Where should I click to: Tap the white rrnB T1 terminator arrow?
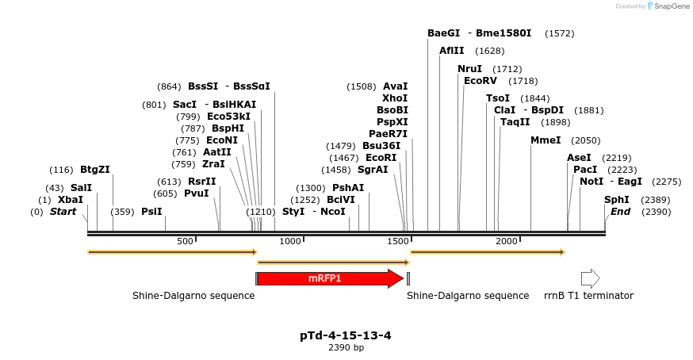point(590,278)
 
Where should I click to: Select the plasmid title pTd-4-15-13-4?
point(345,335)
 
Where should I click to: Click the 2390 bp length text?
point(346,348)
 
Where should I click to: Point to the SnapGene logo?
point(668,6)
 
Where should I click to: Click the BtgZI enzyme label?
point(95,170)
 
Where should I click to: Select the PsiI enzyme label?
point(151,212)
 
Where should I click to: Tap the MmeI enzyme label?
point(546,140)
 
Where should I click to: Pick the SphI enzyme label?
point(617,200)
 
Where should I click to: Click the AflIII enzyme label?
point(452,51)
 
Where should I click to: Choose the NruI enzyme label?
point(470,69)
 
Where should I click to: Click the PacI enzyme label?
point(585,170)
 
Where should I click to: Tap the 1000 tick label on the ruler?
point(291,241)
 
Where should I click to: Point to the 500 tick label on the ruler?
point(185,241)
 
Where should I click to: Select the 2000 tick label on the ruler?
point(507,241)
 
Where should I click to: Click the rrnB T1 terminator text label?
point(588,296)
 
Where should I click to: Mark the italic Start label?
point(63,212)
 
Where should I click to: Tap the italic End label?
point(620,212)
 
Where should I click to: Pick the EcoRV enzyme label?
point(480,81)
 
